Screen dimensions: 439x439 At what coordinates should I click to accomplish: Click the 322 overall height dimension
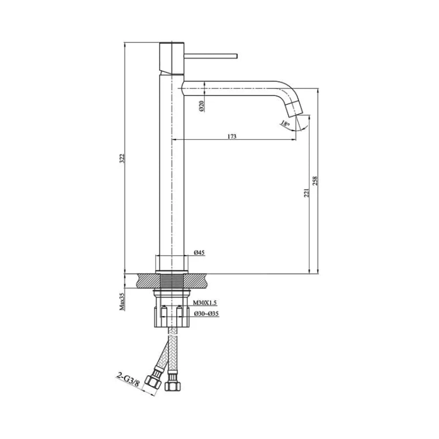pyautogui.click(x=122, y=159)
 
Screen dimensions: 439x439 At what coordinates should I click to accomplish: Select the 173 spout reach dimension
pyautogui.click(x=232, y=136)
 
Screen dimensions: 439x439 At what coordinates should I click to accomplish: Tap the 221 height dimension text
pyautogui.click(x=307, y=193)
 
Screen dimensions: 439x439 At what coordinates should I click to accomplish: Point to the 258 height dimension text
pyautogui.click(x=315, y=181)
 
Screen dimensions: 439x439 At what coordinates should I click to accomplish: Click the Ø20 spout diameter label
pyautogui.click(x=202, y=106)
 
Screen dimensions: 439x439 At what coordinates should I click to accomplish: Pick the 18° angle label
pyautogui.click(x=284, y=123)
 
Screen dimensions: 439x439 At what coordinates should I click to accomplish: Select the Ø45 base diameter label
pyautogui.click(x=200, y=252)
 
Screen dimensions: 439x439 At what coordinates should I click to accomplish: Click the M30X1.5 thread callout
pyautogui.click(x=205, y=303)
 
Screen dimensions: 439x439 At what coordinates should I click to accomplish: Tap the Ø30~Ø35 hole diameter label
pyautogui.click(x=207, y=314)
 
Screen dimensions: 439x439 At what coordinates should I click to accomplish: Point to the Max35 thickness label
pyautogui.click(x=122, y=301)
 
